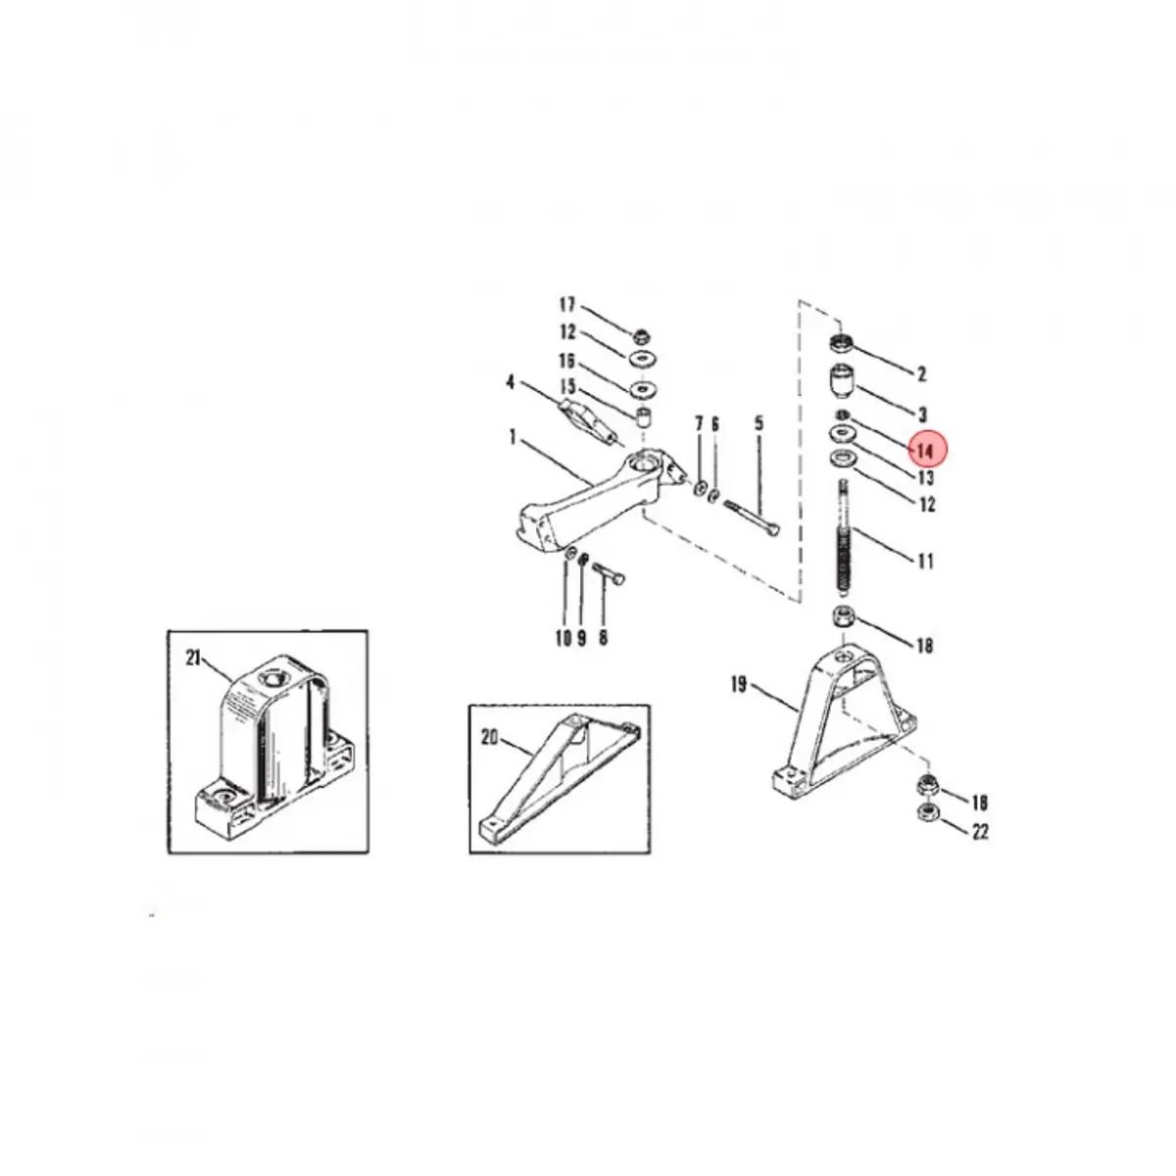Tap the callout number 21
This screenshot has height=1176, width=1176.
pyautogui.click(x=193, y=658)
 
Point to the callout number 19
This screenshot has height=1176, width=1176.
pyautogui.click(x=738, y=685)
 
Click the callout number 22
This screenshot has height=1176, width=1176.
pyautogui.click(x=980, y=832)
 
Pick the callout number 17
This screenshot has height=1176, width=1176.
pyautogui.click(x=567, y=306)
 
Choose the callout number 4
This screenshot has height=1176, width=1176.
pyautogui.click(x=511, y=380)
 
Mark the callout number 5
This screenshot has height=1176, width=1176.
pyautogui.click(x=759, y=424)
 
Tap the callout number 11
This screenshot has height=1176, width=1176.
pyautogui.click(x=925, y=562)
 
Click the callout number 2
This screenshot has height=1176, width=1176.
pyautogui.click(x=921, y=373)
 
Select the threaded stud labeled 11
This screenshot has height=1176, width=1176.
pyautogui.click(x=844, y=539)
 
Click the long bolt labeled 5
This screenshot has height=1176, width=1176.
pyautogui.click(x=752, y=516)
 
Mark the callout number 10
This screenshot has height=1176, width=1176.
pyautogui.click(x=563, y=639)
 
